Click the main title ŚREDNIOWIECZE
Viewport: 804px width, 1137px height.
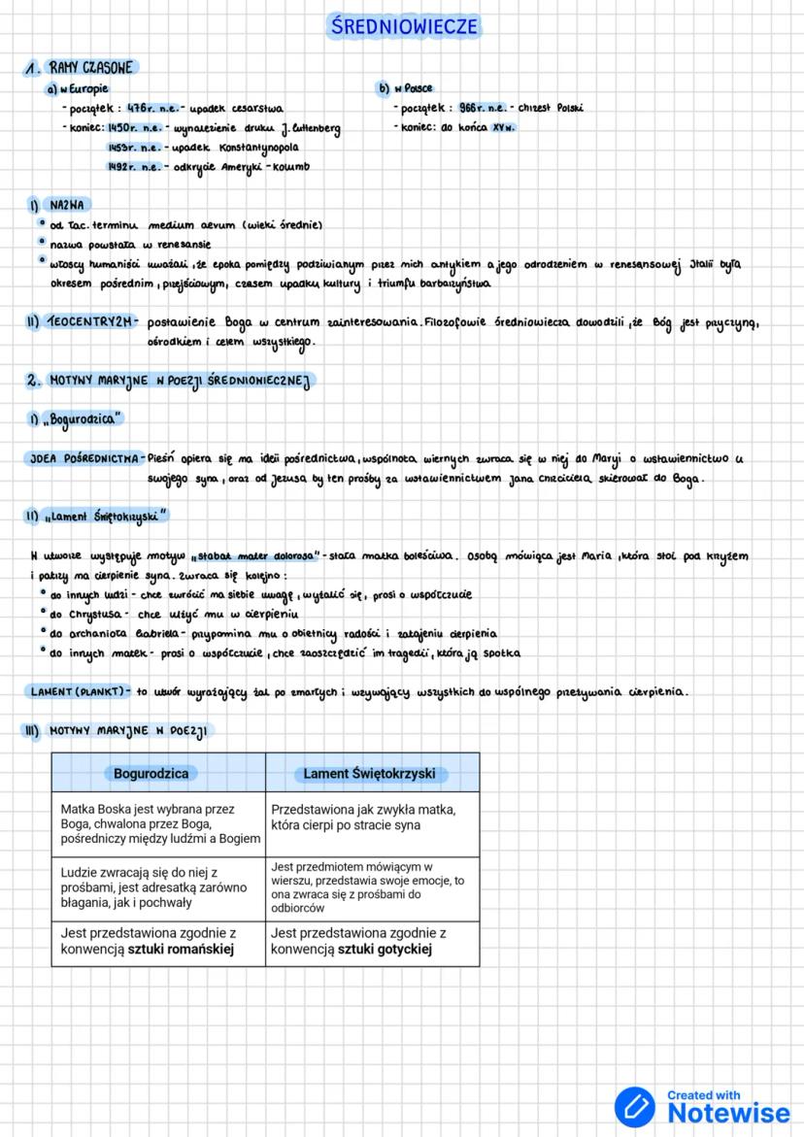pos(402,26)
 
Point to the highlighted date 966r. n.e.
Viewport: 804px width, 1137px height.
pos(484,108)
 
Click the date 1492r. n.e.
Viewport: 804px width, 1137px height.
pos(135,167)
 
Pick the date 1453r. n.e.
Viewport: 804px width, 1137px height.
pos(135,148)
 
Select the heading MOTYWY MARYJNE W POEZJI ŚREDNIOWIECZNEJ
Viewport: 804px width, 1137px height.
pos(179,381)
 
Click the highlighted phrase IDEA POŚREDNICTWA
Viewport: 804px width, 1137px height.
pos(84,458)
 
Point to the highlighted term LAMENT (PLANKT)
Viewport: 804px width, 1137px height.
pos(79,691)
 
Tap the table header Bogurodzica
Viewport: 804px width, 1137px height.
pos(151,774)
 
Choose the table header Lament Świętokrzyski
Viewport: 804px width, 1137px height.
pos(371,774)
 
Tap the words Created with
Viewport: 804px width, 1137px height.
pos(704,1095)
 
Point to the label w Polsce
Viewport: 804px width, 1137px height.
pos(412,88)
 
